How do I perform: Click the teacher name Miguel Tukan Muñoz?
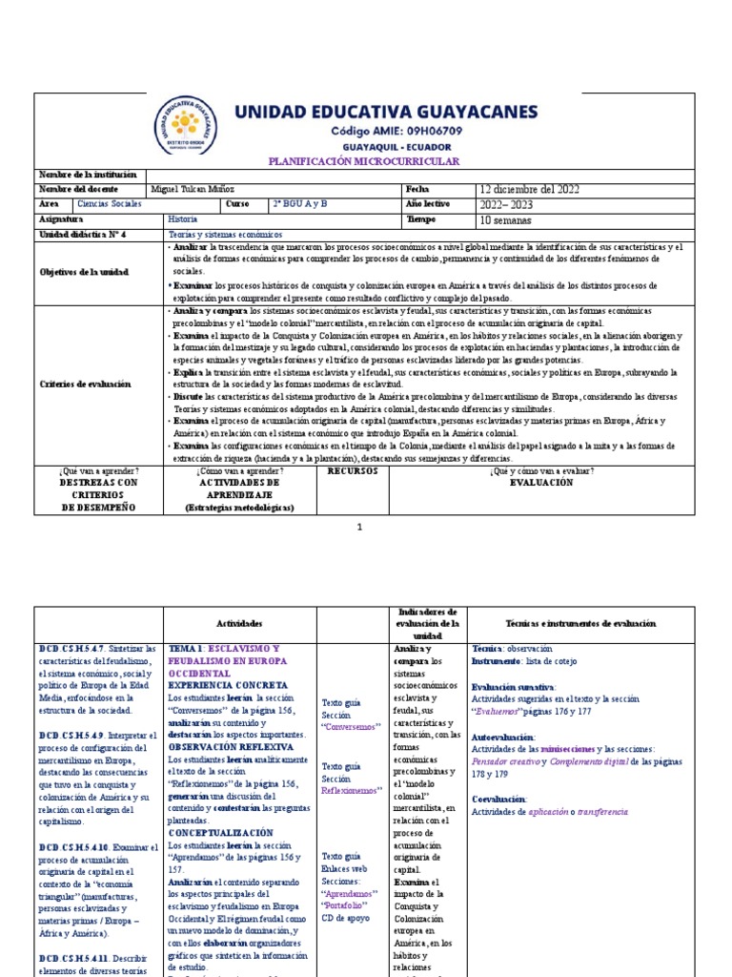click(194, 189)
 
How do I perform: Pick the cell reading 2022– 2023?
click(507, 204)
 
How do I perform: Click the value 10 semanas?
click(504, 219)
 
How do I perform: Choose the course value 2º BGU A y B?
click(299, 204)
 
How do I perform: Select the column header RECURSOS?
click(352, 471)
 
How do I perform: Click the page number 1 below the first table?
click(360, 527)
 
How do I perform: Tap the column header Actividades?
click(239, 623)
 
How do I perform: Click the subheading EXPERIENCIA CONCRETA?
click(228, 685)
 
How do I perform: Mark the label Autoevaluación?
click(503, 737)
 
